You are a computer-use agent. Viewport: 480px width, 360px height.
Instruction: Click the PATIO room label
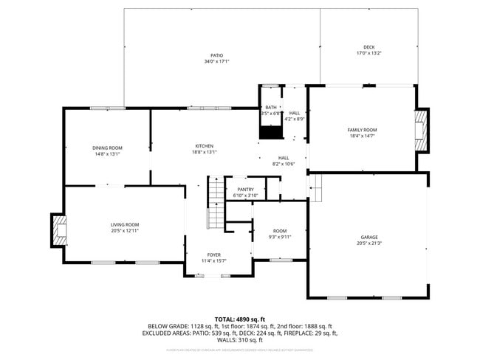[216, 55]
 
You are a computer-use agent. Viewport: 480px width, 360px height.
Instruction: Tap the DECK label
[368, 47]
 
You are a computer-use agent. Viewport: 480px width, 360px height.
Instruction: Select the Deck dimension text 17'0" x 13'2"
[368, 53]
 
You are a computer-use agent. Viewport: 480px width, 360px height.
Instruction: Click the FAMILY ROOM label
[362, 130]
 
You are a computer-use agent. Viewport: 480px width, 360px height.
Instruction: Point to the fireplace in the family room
[422, 130]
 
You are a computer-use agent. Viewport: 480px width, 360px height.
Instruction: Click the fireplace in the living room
[58, 230]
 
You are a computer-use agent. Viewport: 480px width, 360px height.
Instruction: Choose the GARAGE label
[368, 237]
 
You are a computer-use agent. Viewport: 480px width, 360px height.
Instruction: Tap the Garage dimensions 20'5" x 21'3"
[368, 243]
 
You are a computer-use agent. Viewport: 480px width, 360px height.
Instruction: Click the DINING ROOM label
[108, 148]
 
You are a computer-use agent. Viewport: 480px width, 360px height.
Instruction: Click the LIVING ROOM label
[125, 224]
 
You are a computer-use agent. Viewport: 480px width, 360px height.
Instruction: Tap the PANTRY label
[245, 190]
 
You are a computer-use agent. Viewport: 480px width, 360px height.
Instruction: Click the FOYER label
[214, 255]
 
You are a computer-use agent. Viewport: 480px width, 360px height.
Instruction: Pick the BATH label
[271, 108]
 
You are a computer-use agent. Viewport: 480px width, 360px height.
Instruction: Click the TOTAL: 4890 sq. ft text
[239, 318]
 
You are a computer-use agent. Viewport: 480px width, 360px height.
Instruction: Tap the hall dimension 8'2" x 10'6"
[284, 164]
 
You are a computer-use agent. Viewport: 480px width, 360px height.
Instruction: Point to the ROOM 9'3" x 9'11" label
[280, 234]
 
